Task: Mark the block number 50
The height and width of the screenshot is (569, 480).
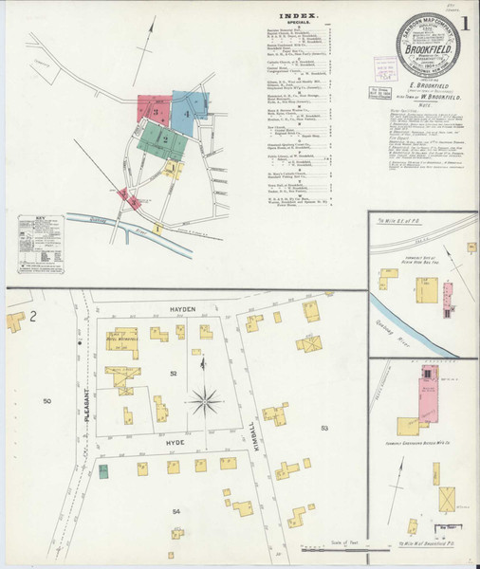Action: point(46,402)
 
